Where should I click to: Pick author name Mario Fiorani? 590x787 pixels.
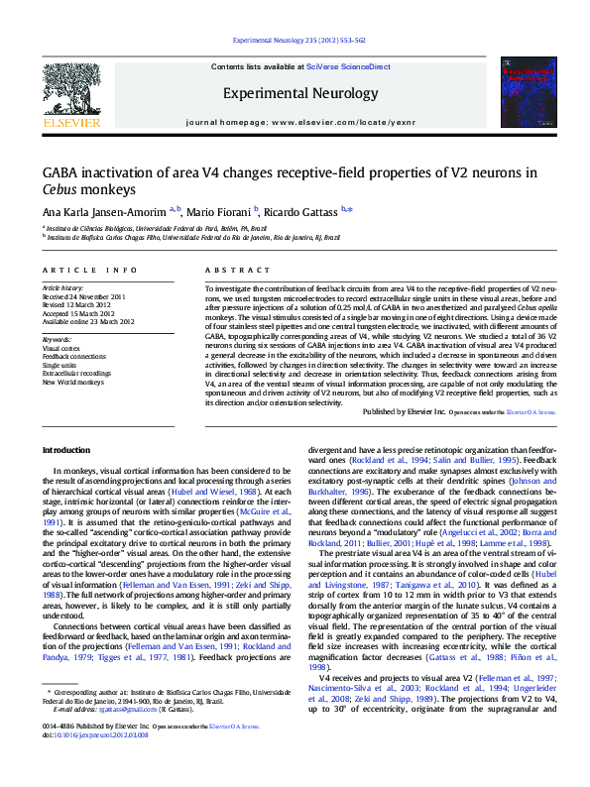pos(222,211)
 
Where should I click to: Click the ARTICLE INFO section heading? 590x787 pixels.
pos(89,270)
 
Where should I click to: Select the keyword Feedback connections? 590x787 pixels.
pos(75,357)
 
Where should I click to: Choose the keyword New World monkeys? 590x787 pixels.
pos(72,382)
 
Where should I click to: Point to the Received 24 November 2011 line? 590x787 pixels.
pos(83,296)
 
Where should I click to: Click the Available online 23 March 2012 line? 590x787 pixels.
pos(88,320)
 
